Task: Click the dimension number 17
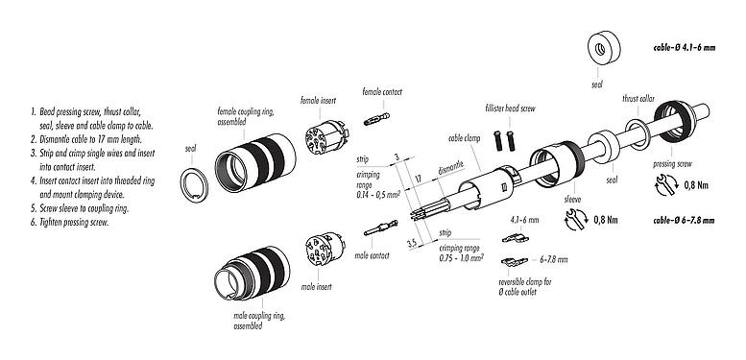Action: tap(419, 179)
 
